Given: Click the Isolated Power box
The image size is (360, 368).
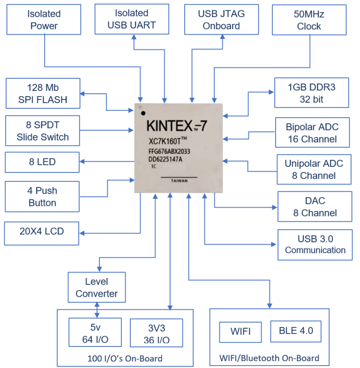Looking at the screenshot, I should coord(44,20).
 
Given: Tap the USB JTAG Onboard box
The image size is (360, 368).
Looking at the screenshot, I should coord(221,19).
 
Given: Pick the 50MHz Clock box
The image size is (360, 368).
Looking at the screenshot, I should coord(309,20).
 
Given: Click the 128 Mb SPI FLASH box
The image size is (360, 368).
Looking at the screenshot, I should coord(43,93).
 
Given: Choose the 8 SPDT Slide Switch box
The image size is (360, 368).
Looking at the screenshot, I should coord(43,131).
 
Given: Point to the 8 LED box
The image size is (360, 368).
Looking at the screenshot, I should coord(42,162).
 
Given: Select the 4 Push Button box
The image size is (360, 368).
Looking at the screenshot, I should coord(42,197).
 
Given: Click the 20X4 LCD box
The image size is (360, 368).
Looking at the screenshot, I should coord(42,232).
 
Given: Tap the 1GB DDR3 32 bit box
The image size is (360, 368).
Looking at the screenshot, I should coord(312,93).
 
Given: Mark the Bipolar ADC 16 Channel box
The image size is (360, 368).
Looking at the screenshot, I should coord(312,133).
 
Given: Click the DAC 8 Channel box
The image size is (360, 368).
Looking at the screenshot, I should coord(315,207).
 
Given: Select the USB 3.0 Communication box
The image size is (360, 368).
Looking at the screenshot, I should coord(315,243).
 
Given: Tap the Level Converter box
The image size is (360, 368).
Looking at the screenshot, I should coord(97,288).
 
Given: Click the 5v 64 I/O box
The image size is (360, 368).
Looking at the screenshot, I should coord(95,333).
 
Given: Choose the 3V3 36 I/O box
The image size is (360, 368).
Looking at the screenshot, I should coord(156,333).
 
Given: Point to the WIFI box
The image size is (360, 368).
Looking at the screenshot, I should coord(240,331).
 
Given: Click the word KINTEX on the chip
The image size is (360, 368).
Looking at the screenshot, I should coord(170,126).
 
